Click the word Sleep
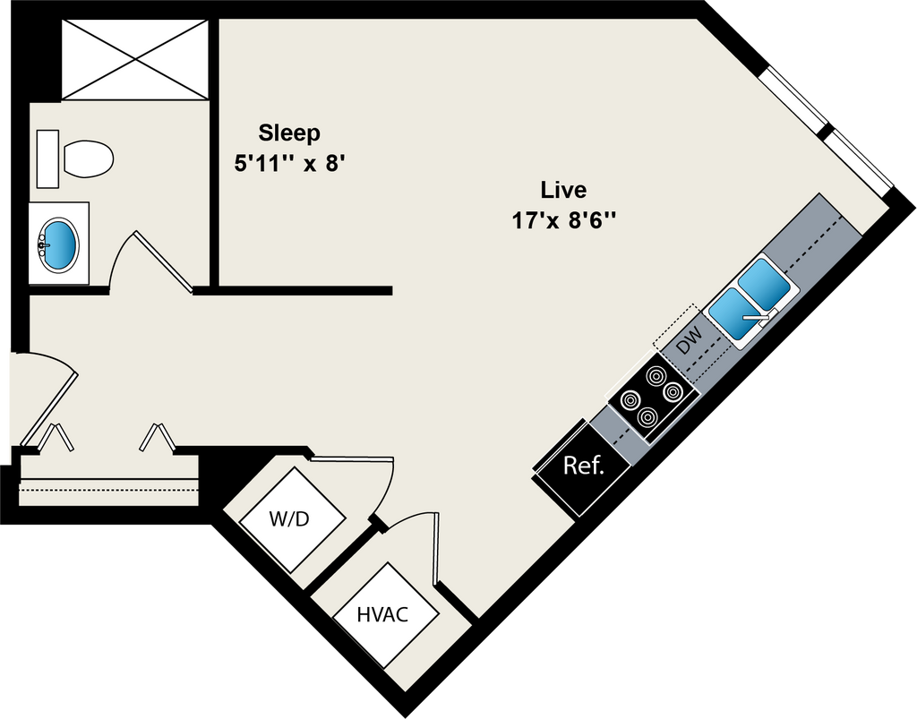(288, 133)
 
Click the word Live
(563, 190)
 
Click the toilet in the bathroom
(88, 159)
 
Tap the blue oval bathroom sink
(60, 244)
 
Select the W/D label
(288, 519)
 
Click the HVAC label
(382, 615)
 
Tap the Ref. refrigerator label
(583, 466)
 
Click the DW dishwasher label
(690, 341)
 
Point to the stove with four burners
(652, 394)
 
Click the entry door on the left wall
(45, 394)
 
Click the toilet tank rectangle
(47, 158)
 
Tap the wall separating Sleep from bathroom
(214, 152)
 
